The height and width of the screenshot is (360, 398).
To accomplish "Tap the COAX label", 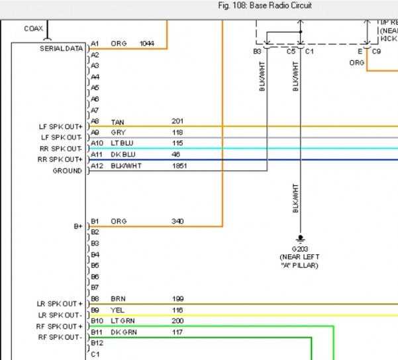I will click(34, 28).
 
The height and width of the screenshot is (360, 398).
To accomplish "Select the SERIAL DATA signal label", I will click(62, 48).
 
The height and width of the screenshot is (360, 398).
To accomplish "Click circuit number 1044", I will click(146, 44).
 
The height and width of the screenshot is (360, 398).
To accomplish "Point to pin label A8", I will click(95, 122).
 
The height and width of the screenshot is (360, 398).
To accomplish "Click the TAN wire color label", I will click(117, 122).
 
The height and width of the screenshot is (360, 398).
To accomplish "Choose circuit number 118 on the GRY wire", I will click(177, 132).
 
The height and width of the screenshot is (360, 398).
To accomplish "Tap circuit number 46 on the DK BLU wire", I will click(176, 154).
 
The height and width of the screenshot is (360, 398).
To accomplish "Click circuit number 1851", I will click(179, 165).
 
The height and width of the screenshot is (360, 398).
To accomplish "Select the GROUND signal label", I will click(68, 171).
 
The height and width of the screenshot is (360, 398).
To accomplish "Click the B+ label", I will click(78, 226).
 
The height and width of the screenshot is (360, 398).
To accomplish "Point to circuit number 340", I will click(177, 221).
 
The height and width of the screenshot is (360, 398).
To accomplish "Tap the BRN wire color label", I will click(118, 299).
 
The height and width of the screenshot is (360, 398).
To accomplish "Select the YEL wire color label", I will click(117, 310).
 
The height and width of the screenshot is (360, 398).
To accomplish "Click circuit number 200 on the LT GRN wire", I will click(177, 321).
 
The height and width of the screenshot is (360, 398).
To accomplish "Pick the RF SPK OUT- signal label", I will click(61, 337).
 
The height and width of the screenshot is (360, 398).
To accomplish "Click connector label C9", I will click(376, 51).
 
